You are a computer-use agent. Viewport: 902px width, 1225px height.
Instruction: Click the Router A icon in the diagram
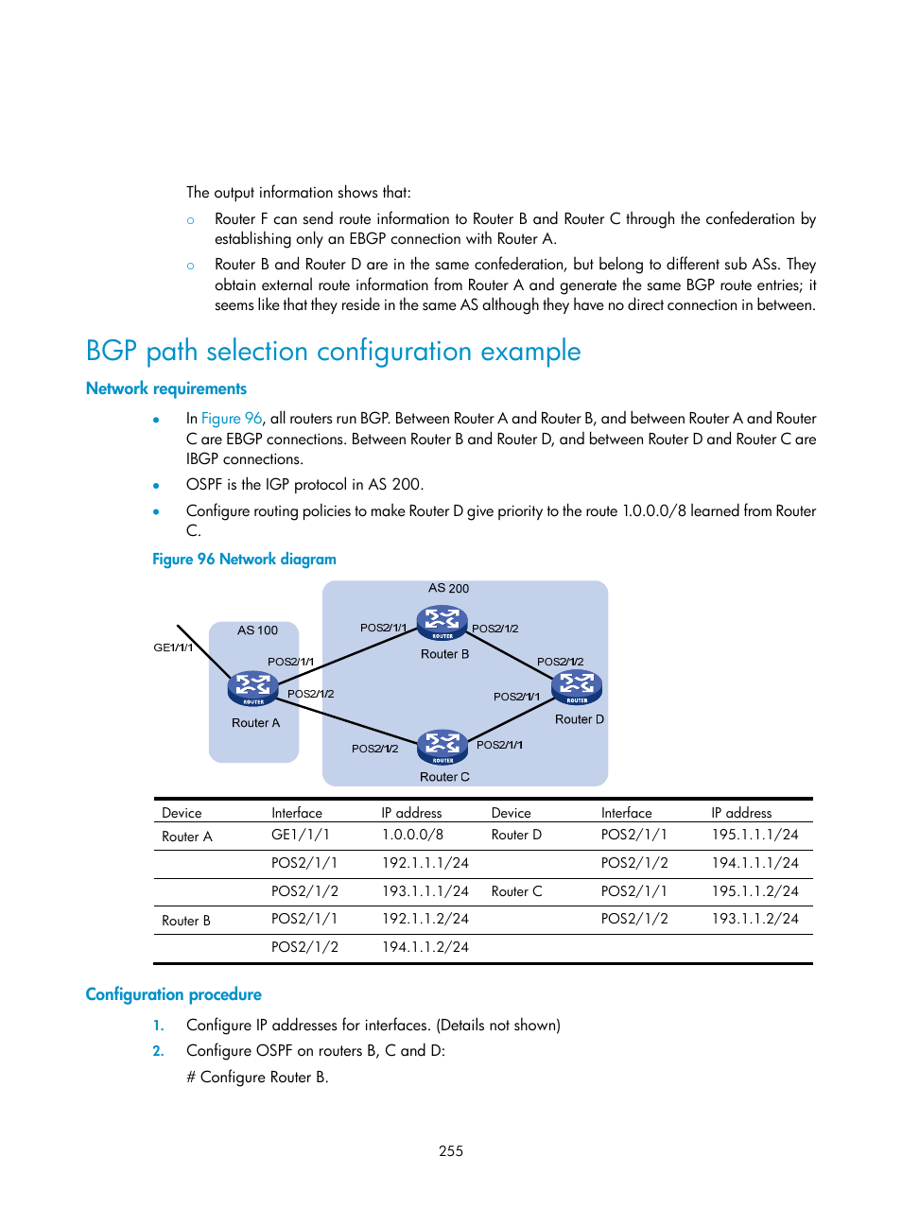pos(252,688)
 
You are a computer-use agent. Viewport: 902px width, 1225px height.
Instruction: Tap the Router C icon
pos(442,747)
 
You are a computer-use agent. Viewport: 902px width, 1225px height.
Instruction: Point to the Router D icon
pos(577,687)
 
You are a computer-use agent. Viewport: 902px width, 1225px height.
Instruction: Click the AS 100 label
pos(257,630)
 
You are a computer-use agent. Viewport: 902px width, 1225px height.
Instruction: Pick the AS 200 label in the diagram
pos(448,588)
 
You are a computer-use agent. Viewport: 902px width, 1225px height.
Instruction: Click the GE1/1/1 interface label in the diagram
pos(173,647)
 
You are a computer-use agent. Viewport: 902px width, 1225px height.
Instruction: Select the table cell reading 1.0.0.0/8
pos(412,835)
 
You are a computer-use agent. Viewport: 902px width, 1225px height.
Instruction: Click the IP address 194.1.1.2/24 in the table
pos(425,947)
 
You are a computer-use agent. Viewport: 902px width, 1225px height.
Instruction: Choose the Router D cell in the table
pos(516,835)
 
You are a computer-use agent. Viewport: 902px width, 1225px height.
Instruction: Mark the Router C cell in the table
pos(516,891)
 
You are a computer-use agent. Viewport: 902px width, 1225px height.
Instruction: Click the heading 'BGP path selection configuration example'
pos(333,352)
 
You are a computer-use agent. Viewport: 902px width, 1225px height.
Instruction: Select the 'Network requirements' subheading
pos(165,388)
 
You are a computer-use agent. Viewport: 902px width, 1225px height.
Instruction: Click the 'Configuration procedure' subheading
pos(173,994)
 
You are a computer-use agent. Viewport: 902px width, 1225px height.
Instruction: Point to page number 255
pos(451,1151)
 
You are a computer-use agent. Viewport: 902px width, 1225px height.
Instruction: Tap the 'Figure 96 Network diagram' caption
pos(244,560)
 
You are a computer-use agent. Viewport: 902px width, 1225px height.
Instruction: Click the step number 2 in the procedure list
pos(158,1051)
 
